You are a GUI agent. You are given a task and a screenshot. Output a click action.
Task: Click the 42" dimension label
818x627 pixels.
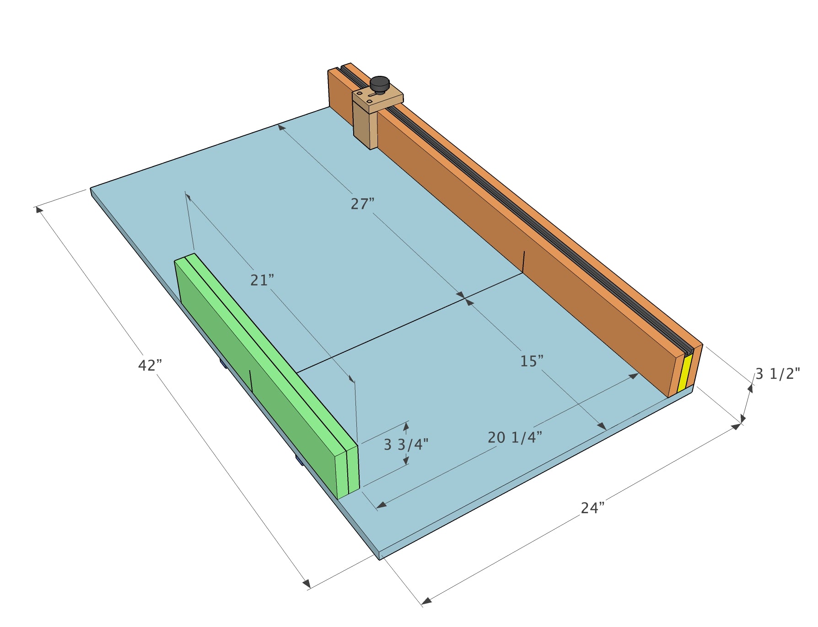coord(150,365)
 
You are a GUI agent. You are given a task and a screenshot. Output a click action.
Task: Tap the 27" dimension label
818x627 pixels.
coord(362,204)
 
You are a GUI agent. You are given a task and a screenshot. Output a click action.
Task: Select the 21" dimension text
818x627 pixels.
coord(262,280)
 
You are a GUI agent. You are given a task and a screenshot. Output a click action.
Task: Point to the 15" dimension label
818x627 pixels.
coord(532,361)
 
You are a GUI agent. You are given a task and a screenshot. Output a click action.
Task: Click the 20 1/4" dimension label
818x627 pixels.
coord(515,437)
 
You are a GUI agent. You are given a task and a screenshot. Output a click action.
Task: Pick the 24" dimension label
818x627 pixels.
coord(593,508)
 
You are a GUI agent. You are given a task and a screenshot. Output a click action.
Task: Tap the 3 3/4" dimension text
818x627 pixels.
coord(406,444)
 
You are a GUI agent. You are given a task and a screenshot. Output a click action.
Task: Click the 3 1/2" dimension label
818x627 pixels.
coord(777,374)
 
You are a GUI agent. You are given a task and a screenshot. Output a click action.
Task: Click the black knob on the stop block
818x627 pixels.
coord(379,85)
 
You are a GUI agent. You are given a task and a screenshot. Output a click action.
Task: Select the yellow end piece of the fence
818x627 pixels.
coord(684,373)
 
